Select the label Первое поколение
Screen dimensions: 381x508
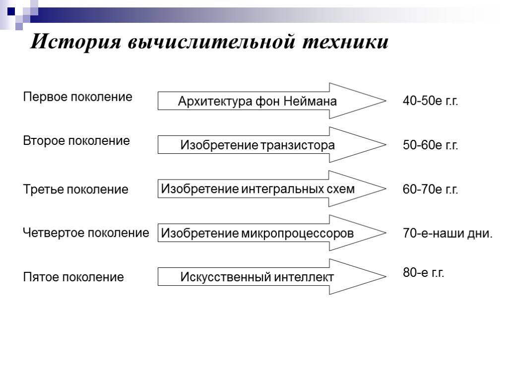coord(78,97)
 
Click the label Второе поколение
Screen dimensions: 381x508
coord(77,141)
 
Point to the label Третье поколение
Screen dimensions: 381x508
coord(76,190)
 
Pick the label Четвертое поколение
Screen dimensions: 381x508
coord(86,233)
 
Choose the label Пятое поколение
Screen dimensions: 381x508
coord(73,277)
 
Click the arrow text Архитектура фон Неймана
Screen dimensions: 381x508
coord(257,102)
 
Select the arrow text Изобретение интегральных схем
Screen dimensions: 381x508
coord(258,189)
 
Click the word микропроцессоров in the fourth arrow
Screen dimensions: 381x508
coord(298,233)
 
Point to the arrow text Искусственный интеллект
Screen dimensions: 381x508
coord(256,277)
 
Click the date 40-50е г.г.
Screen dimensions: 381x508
coord(430,102)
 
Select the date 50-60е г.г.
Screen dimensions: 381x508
coord(430,145)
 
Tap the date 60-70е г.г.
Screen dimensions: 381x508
coord(430,190)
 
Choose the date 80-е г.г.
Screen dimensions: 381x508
coord(423,272)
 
